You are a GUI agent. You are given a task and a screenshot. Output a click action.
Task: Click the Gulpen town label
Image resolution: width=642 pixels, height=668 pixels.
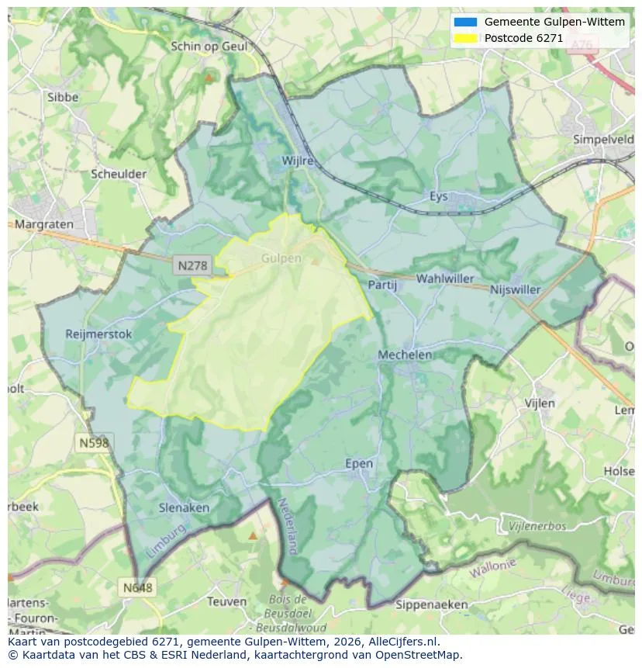click(x=281, y=258)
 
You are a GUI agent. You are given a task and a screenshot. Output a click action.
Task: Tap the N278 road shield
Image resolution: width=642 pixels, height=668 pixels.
click(x=192, y=265)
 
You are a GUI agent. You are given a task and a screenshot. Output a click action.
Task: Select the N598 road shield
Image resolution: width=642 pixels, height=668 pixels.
click(x=94, y=442)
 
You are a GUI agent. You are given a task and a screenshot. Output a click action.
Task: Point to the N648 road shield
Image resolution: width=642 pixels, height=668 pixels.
click(x=137, y=587)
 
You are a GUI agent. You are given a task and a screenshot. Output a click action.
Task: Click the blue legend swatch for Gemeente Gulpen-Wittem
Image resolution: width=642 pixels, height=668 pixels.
click(x=465, y=22)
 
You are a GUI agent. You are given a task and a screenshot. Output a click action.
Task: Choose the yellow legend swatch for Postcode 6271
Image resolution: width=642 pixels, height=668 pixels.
click(x=465, y=38)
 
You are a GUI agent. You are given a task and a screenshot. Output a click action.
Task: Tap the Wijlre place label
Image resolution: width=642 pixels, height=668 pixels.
click(x=298, y=161)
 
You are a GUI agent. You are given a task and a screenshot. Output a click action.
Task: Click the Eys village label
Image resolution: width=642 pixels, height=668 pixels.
click(x=439, y=196)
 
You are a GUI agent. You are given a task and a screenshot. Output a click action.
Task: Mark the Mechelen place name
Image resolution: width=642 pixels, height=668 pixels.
click(x=405, y=355)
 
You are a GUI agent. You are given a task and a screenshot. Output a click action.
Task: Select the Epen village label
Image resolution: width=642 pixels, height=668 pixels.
click(x=359, y=464)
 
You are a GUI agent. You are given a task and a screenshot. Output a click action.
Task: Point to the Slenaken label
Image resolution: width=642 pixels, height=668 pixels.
click(x=184, y=507)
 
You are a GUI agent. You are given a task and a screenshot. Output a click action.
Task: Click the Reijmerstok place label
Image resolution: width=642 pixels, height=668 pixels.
click(x=100, y=334)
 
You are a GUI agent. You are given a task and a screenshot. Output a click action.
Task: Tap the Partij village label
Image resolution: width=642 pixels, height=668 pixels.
click(x=382, y=285)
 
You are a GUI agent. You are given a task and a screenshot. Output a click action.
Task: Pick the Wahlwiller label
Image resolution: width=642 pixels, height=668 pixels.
click(x=445, y=279)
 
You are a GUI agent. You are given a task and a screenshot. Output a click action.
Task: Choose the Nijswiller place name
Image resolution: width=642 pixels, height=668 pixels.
click(x=516, y=289)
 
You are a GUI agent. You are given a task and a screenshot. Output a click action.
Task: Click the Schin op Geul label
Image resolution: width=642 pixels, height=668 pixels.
click(x=209, y=47)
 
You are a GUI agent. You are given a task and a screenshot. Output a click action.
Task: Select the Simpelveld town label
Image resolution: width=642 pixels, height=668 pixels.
click(x=603, y=140)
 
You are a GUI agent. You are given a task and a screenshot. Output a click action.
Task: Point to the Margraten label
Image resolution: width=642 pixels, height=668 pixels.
click(x=43, y=224)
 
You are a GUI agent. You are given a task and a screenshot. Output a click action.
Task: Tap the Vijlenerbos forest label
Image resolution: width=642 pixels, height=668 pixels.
click(x=537, y=526)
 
